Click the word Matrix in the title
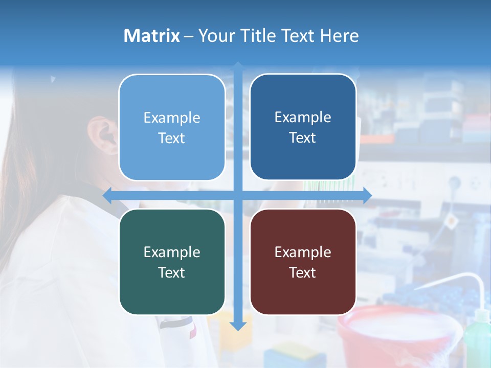tap(151, 36)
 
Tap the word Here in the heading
tap(339, 36)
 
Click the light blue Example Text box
tap(172, 127)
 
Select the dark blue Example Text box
tap(303, 127)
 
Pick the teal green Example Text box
tap(172, 262)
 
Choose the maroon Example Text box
tap(303, 262)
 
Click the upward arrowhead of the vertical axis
tap(238, 66)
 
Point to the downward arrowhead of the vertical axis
tap(238, 326)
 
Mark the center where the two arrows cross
tap(238, 196)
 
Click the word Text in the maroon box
tap(303, 272)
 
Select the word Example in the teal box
tap(172, 252)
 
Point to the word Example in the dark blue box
tap(303, 117)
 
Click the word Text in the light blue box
tap(172, 138)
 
